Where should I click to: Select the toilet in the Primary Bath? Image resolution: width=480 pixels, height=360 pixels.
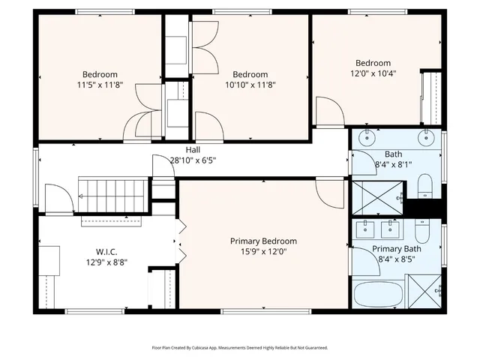[x=421, y=230]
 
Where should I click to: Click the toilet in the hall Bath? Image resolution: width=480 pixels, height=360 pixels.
[x=424, y=184]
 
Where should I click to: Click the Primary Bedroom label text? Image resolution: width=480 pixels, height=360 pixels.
[x=263, y=241]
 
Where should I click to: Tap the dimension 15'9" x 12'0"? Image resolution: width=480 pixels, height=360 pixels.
[x=263, y=253]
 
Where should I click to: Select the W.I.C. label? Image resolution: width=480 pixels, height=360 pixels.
[x=106, y=252]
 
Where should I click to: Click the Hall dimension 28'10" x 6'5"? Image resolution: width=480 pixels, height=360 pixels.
[x=193, y=160]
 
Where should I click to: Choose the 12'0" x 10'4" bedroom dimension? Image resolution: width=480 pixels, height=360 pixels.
[x=373, y=73]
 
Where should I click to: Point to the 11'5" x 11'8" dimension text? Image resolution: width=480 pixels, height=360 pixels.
[x=100, y=85]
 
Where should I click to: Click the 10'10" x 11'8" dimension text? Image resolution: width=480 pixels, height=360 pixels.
[x=250, y=85]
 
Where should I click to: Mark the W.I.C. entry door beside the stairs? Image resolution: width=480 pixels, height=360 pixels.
[x=57, y=199]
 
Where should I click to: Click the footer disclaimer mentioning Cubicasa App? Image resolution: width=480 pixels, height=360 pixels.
[x=240, y=348]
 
